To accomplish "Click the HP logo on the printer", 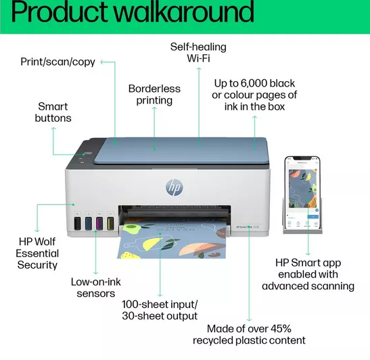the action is pos(174,187).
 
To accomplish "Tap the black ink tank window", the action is pos(77,223).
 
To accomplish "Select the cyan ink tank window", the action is pos(89,223).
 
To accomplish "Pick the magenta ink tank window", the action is pos(99,223).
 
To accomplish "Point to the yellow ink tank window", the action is pos(110,223).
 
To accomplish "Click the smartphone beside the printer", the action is pos(302,192).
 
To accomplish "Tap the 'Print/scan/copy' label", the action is pos(57,62).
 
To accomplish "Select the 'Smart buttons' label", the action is pos(53,112).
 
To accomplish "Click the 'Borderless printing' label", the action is pos(154,95).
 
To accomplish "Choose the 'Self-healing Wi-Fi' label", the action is pos(198,52).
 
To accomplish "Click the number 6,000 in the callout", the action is pos(254,83).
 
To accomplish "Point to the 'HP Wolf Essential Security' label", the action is pos(37,253).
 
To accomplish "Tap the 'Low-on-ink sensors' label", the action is pos(96,288).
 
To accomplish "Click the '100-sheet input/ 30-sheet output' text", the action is pos(160,310).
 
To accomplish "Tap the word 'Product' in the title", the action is pos(59,12).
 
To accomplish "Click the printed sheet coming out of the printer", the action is pos(172,240).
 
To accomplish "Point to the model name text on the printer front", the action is pos(248,227).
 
